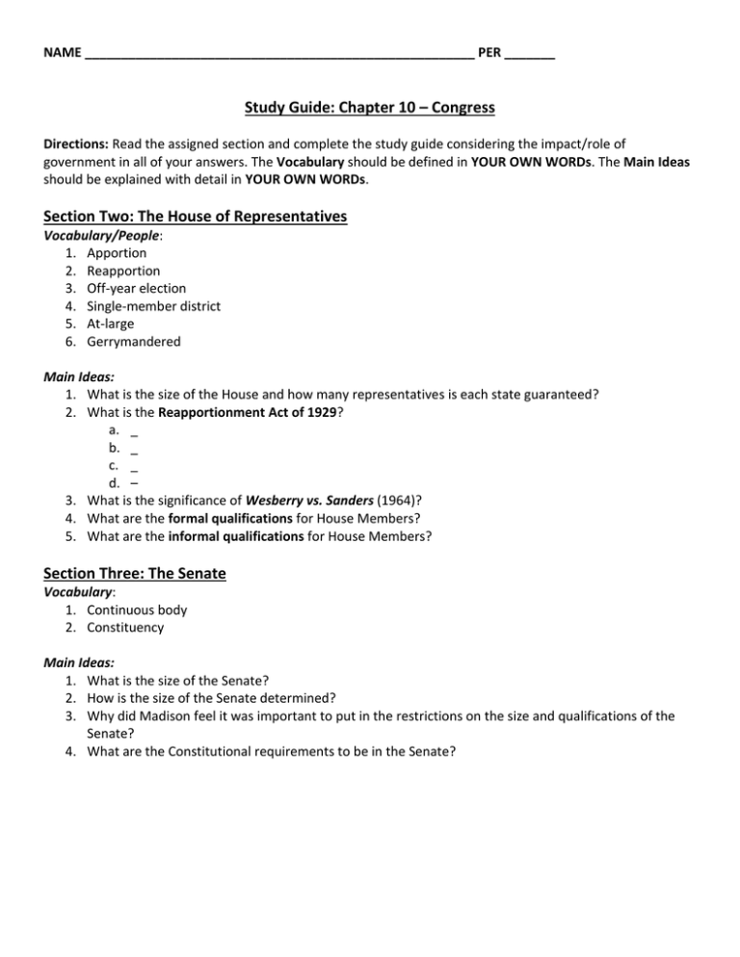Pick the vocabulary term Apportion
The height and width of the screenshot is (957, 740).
117,253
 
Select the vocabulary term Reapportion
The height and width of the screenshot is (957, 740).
124,271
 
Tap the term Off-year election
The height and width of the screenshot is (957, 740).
136,288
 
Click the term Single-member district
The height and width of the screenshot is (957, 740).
153,306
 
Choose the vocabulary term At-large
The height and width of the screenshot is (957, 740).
113,323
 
